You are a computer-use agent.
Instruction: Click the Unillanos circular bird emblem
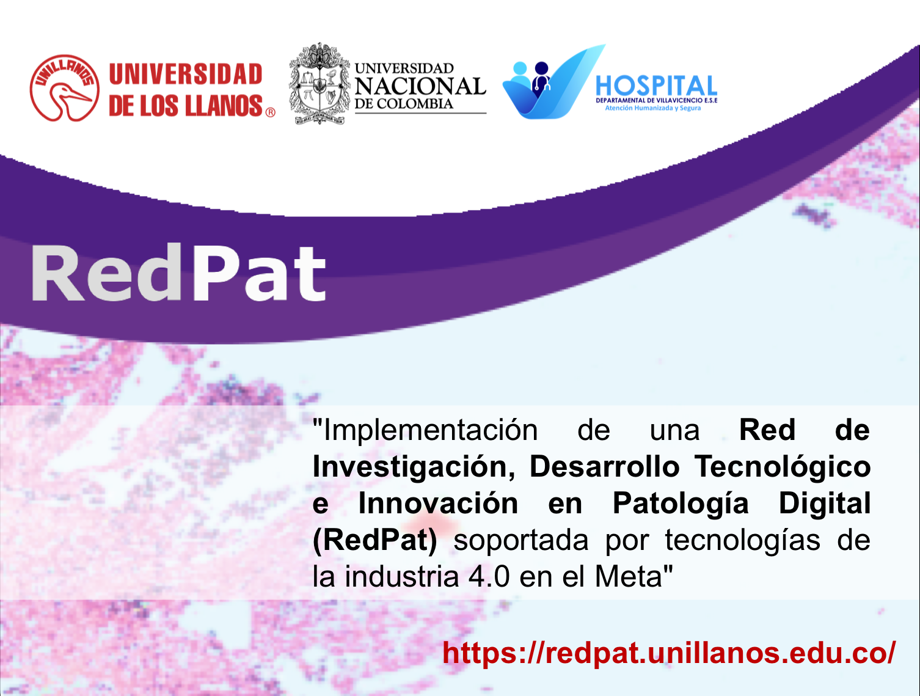(65, 88)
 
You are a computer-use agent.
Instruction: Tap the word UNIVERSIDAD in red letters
(186, 74)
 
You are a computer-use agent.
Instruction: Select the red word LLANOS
(224, 105)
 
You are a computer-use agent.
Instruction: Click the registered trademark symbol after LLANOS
(271, 112)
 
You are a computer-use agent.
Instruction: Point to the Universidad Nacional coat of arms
(319, 84)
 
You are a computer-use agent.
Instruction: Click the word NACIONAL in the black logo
(420, 86)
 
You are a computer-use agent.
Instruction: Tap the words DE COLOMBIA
(404, 103)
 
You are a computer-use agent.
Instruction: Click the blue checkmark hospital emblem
(553, 82)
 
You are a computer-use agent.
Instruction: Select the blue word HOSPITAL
(656, 86)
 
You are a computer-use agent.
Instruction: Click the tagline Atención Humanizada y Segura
(653, 108)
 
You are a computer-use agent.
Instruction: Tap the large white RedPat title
(178, 273)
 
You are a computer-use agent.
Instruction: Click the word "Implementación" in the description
(425, 430)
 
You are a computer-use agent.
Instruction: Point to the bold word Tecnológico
(782, 467)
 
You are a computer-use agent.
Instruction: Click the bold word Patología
(681, 504)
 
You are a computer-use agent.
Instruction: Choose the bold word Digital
(825, 503)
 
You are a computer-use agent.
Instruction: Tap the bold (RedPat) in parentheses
(374, 540)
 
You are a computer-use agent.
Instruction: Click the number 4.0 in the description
(489, 577)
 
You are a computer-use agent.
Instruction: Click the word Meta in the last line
(628, 577)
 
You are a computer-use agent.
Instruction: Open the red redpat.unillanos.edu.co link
(669, 653)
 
